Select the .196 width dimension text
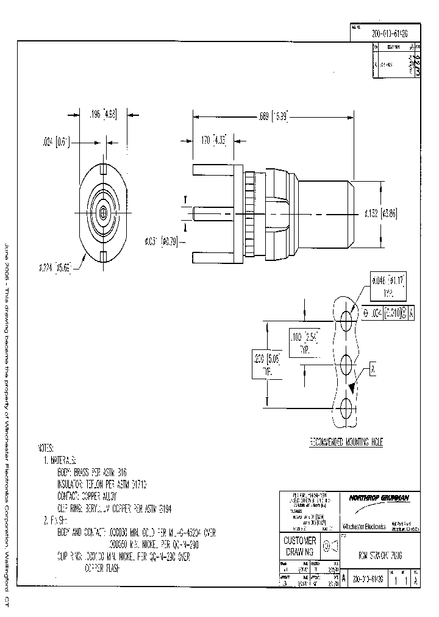tap(102, 113)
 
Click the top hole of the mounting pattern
tap(346, 319)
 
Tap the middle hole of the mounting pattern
tap(346, 365)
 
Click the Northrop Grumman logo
tap(379, 498)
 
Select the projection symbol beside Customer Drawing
tap(330, 546)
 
